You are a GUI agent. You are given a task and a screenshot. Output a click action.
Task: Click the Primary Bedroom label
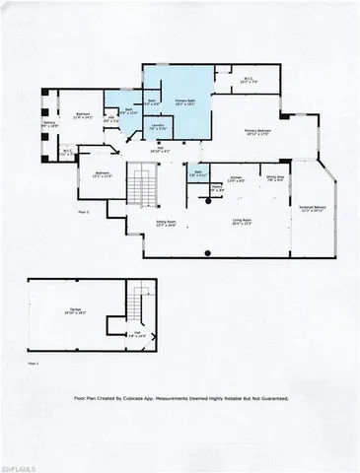pyautogui.click(x=258, y=133)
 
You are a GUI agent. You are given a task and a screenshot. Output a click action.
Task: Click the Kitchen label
pyautogui.click(x=238, y=178)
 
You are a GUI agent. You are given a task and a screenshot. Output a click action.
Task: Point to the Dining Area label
pyautogui.click(x=275, y=178)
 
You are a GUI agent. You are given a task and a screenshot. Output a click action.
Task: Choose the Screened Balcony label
pyautogui.click(x=312, y=210)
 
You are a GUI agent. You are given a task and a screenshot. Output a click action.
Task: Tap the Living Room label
pyautogui.click(x=243, y=222)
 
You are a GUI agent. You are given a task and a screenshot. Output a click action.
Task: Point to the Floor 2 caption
pyautogui.click(x=84, y=212)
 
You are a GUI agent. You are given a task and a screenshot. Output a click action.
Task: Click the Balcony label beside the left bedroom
pyautogui.click(x=48, y=125)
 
